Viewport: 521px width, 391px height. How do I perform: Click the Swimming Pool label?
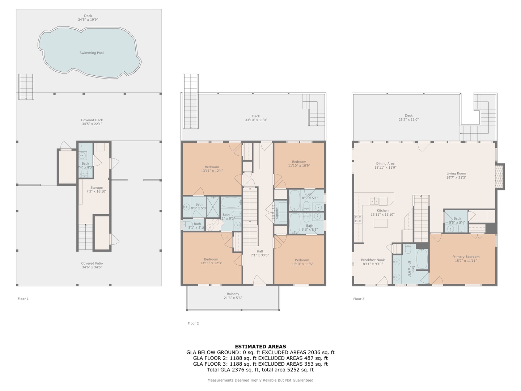point(92,53)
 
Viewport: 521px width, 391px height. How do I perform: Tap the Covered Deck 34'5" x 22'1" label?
point(92,122)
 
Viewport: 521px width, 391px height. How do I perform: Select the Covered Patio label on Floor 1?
point(92,265)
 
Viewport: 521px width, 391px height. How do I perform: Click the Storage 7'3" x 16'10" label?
point(96,189)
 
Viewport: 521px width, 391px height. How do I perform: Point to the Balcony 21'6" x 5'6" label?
point(233,296)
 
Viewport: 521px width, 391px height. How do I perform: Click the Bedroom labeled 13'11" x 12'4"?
point(212,169)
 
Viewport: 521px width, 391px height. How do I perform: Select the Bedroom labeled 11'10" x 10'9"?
point(299,164)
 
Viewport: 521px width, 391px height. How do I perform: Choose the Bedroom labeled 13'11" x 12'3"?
point(211,261)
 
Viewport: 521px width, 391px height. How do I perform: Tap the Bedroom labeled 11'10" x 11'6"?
point(302,262)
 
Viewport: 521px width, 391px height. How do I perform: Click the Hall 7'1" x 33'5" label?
point(260,253)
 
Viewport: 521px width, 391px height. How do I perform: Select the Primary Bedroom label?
point(466,258)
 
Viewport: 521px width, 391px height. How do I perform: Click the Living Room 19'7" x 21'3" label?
point(456,175)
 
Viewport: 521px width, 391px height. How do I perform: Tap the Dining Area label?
point(385,165)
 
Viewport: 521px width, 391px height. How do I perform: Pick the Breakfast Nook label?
point(373,262)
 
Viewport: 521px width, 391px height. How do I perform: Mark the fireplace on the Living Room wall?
point(500,176)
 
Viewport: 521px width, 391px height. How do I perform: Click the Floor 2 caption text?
point(193,323)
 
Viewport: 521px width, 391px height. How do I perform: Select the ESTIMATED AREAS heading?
point(260,346)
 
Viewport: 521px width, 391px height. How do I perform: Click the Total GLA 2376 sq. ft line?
point(260,370)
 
